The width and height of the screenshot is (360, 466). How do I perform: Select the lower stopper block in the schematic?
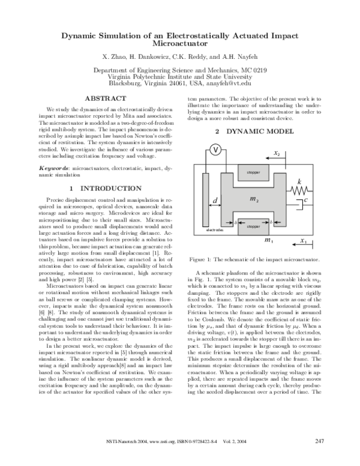tap(253, 227)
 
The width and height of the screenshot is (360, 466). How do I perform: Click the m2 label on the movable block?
tap(254, 198)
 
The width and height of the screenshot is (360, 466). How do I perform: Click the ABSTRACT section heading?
tap(105, 98)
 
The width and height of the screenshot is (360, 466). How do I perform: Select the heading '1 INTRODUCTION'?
tap(105, 188)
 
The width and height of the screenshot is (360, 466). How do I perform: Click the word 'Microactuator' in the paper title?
tap(180, 44)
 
